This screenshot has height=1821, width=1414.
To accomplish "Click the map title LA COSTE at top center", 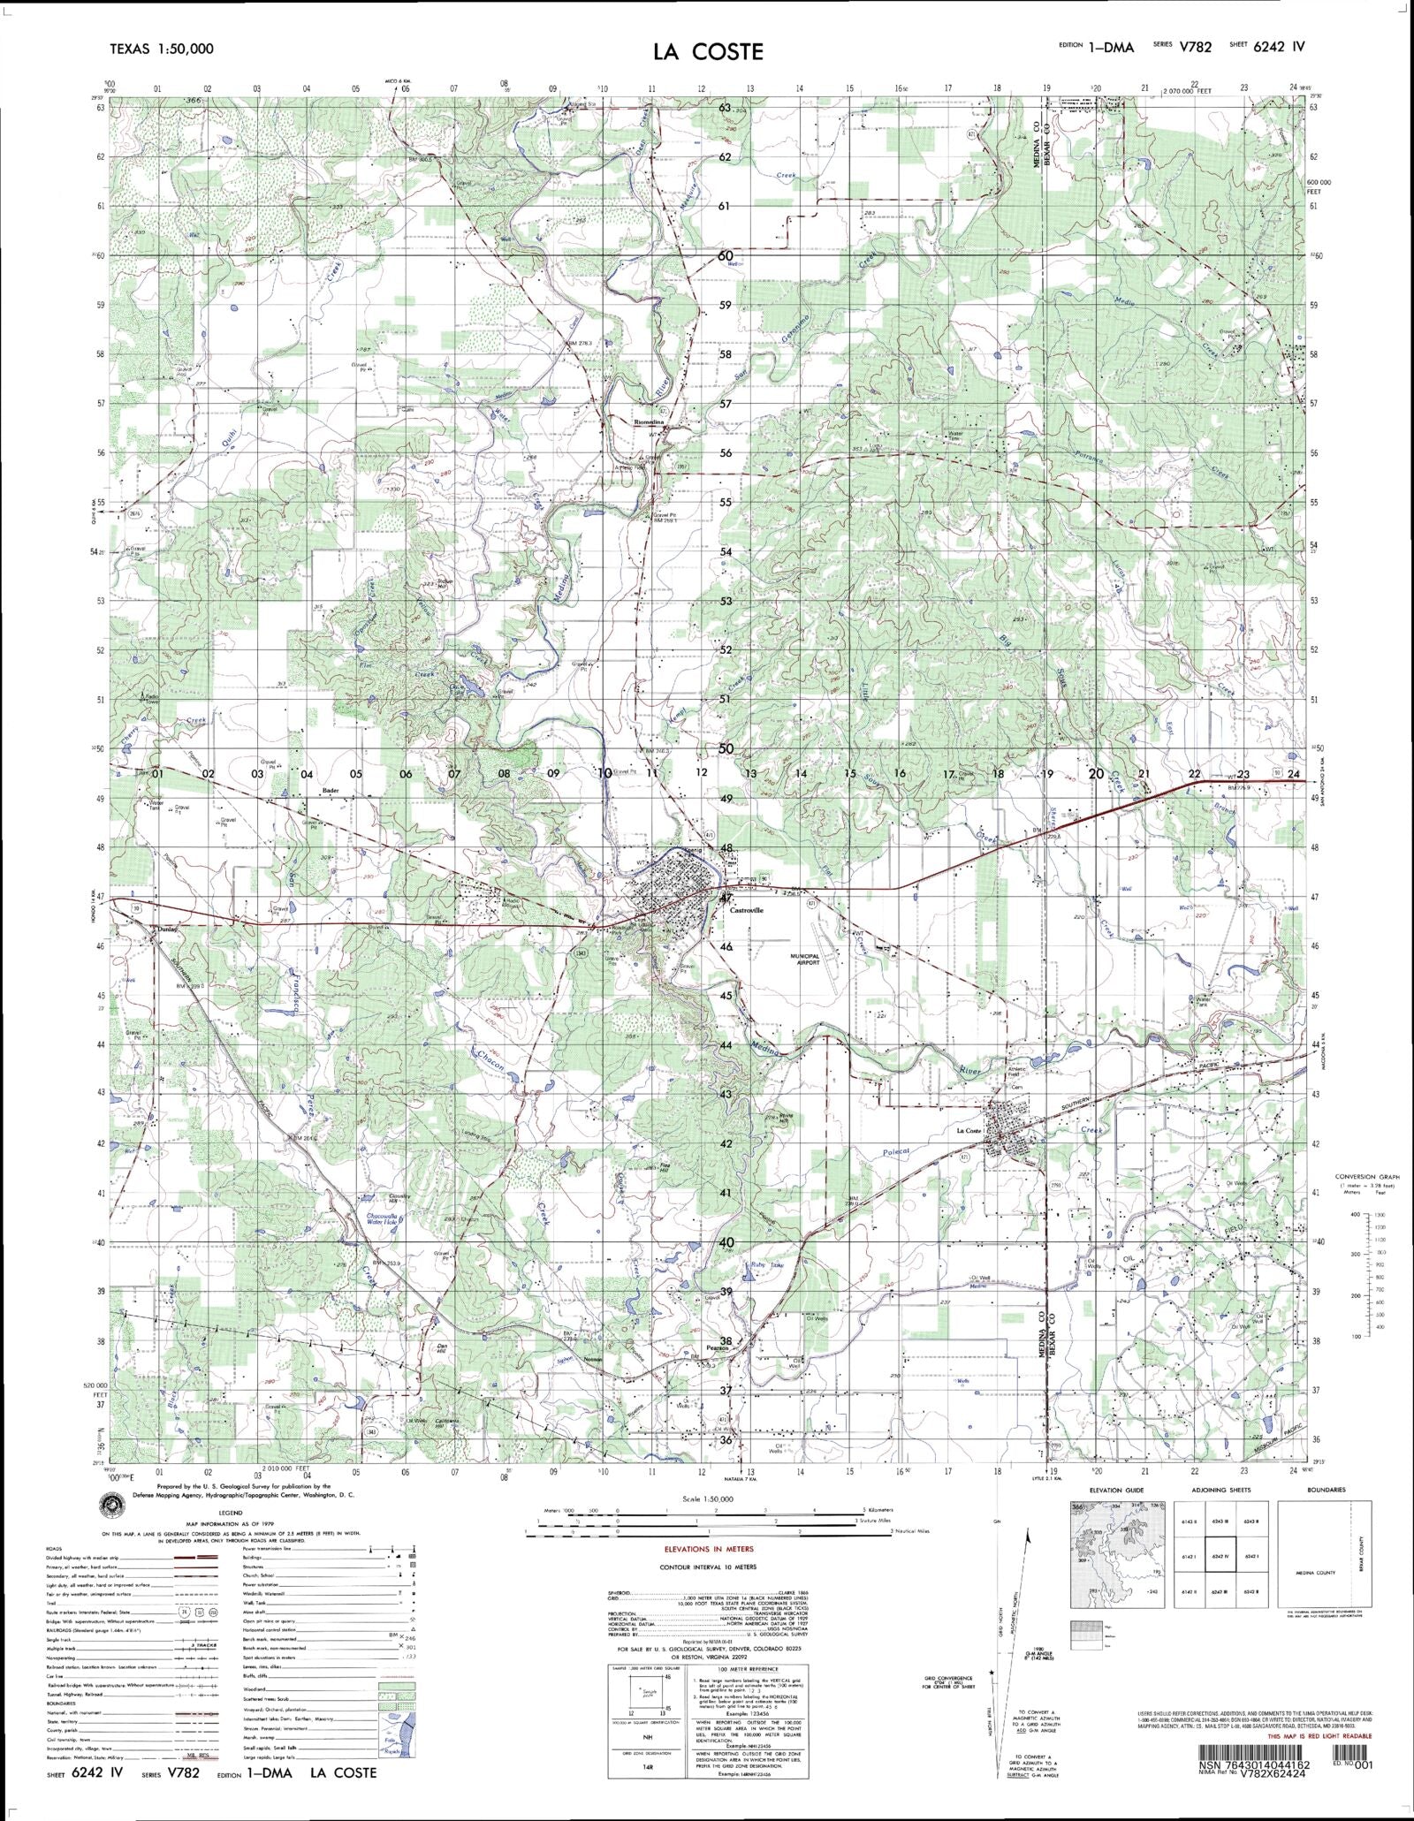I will point(707,51).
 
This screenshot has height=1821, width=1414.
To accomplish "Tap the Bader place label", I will point(331,791).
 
